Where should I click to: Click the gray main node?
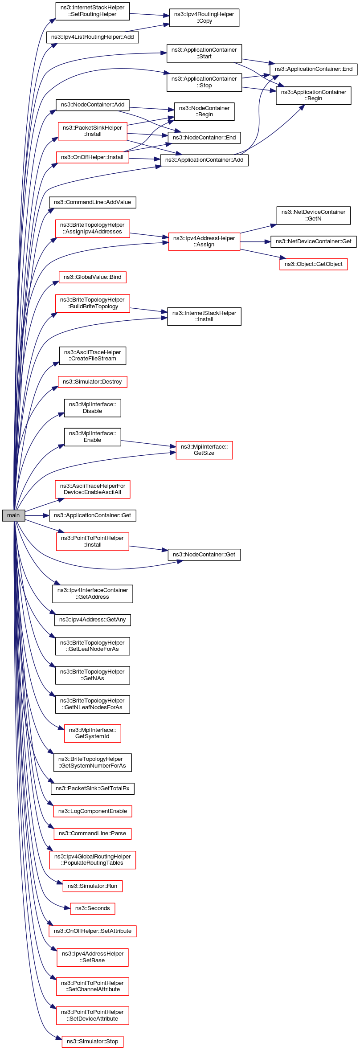tap(13, 515)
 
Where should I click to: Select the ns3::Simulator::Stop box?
tap(92, 1042)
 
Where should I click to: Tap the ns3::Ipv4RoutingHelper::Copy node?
tap(204, 17)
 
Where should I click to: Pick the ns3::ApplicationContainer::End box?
tap(313, 69)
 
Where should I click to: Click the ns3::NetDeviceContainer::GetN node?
tap(313, 215)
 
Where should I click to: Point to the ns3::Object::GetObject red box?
tap(313, 264)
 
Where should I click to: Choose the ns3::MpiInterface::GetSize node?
tap(204, 450)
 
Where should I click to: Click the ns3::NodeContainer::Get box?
tap(204, 555)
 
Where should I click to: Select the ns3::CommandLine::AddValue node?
tap(92, 202)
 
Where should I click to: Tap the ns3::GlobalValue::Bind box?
tap(92, 277)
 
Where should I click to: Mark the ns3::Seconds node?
tap(92, 908)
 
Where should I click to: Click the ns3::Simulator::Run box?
tap(92, 886)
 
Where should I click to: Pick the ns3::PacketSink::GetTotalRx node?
tap(92, 789)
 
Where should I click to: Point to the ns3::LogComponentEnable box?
tap(92, 811)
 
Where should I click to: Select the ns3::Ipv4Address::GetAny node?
tap(92, 620)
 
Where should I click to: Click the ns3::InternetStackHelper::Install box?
tap(204, 316)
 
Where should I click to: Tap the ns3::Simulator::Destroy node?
tap(92, 382)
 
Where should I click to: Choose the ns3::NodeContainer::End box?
tap(204, 138)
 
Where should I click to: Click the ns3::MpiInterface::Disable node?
tap(92, 408)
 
